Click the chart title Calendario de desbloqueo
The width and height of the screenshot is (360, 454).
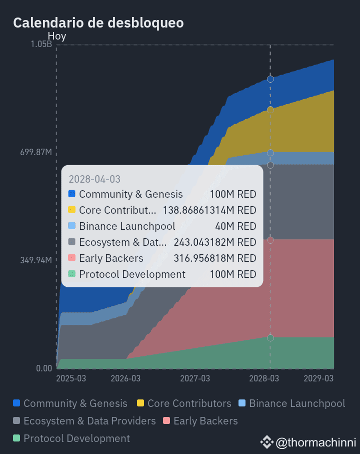tap(98, 23)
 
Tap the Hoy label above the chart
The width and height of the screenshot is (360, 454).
tap(56, 36)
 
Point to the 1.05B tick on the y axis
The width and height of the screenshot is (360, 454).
tap(41, 44)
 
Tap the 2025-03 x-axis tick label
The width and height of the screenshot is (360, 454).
tap(70, 378)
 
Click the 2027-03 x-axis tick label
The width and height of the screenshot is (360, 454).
tap(195, 378)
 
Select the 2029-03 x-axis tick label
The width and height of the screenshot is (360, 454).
tap(319, 378)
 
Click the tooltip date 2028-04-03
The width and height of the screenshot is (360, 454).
tap(94, 179)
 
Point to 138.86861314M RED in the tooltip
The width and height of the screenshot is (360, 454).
tap(209, 210)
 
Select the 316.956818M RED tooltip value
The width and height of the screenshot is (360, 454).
tap(215, 258)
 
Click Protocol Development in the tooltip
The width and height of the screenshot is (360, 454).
tap(132, 274)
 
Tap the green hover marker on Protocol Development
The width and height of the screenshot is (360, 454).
tap(270, 338)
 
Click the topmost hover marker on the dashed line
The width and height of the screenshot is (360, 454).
tap(270, 79)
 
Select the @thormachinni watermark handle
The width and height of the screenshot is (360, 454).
tap(315, 442)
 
